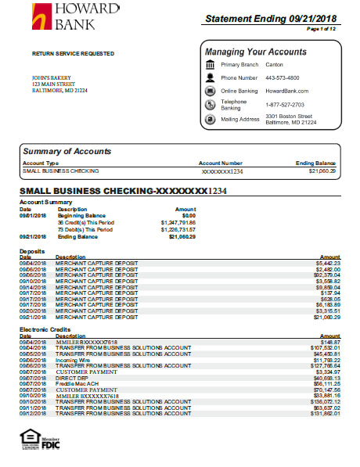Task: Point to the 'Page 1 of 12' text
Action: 322,29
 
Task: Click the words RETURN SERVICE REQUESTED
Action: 73,54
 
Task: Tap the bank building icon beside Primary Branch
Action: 210,64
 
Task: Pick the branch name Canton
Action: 275,65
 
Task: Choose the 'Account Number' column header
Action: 221,163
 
